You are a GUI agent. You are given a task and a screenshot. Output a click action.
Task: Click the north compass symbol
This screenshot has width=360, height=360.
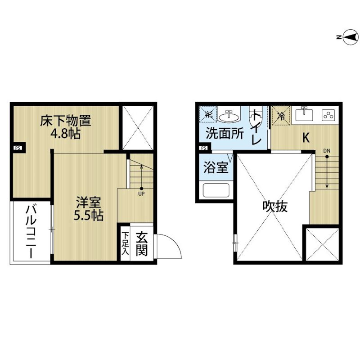(348, 37)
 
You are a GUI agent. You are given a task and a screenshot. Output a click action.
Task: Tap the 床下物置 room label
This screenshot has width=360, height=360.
(66, 121)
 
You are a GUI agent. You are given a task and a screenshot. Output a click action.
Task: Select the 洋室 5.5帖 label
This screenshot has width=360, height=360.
(89, 209)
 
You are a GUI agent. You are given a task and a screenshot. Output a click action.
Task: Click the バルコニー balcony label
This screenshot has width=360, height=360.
(31, 232)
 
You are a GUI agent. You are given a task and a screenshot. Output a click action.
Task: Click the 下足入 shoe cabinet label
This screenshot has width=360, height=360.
(126, 243)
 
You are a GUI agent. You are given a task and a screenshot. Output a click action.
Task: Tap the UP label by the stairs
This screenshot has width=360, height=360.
(141, 194)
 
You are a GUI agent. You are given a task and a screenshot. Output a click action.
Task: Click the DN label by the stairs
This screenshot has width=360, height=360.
(327, 151)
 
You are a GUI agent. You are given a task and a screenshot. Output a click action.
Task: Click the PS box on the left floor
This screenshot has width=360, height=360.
(18, 148)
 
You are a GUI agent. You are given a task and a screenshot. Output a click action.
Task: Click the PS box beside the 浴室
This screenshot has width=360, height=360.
(204, 148)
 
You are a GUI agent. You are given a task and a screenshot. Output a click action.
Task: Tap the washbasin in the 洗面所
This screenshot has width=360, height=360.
(229, 116)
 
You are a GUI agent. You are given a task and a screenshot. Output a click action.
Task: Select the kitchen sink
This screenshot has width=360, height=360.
(304, 114)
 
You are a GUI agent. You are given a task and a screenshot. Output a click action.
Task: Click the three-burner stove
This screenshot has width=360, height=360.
(328, 115)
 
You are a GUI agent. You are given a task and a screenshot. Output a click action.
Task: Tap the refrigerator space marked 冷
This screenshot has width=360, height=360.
(281, 116)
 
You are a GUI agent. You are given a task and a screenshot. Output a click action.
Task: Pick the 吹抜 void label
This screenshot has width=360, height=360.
(275, 206)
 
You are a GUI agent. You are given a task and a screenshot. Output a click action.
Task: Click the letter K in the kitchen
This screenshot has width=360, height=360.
(306, 138)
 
